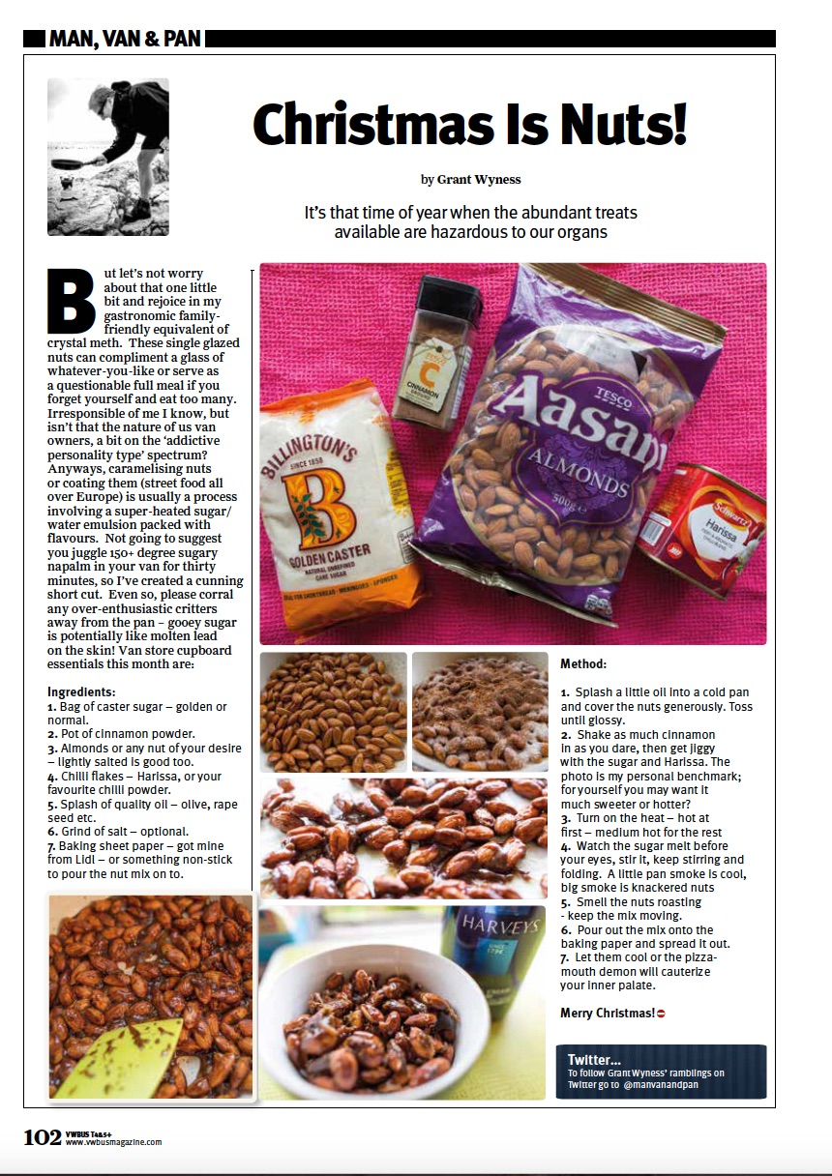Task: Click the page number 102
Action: [x=43, y=1136]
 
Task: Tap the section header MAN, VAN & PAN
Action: [x=125, y=40]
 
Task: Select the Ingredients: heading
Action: [x=81, y=692]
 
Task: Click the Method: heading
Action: [x=583, y=664]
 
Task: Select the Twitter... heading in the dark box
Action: [x=594, y=1059]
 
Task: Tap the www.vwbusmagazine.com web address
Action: [x=113, y=1142]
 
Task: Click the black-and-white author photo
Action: [x=108, y=158]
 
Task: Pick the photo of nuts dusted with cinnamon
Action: [x=480, y=711]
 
